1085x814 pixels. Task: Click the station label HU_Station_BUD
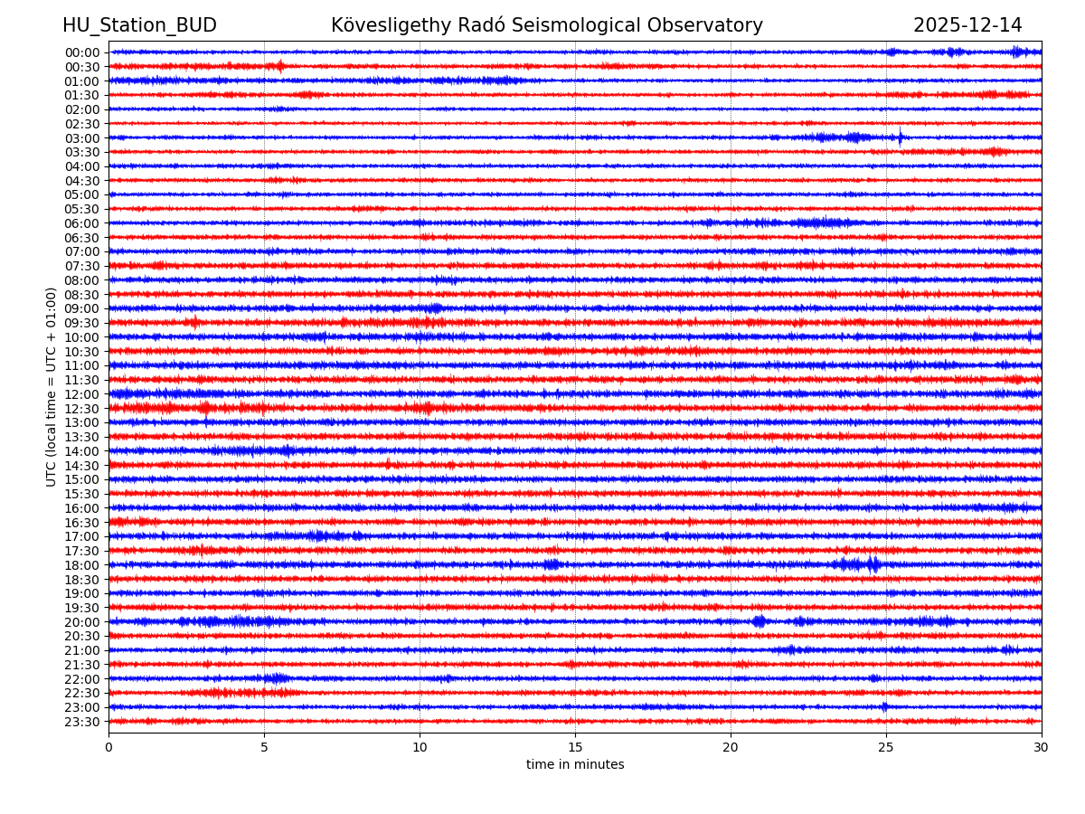[x=139, y=25]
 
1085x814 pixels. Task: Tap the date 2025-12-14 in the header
[x=967, y=25]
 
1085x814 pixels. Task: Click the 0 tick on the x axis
[x=108, y=748]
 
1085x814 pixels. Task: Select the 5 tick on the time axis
[x=264, y=748]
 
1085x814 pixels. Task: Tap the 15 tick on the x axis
[x=575, y=748]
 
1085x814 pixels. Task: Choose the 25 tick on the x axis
[x=886, y=748]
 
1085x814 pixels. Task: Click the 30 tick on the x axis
[x=1042, y=748]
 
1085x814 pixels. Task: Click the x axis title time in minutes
[x=575, y=765]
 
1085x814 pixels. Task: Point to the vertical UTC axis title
[x=52, y=386]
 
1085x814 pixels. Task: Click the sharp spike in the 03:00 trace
[x=900, y=138]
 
